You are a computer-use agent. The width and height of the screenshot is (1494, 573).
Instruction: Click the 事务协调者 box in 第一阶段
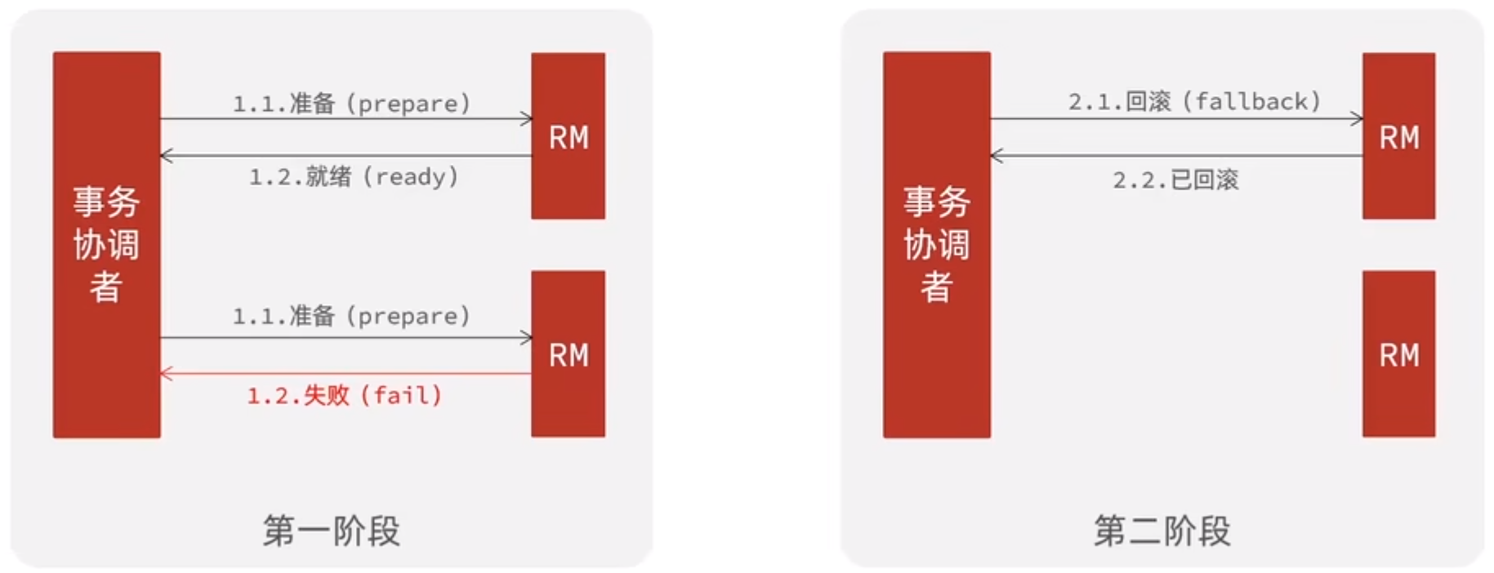[x=106, y=245]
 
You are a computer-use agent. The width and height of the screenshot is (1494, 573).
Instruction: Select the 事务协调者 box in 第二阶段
[x=936, y=245]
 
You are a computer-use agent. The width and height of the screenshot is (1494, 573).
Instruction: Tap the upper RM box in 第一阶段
[x=568, y=136]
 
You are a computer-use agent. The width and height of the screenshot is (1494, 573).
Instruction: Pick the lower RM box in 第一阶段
[x=568, y=354]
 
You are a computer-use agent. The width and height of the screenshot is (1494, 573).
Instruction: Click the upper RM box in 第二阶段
[x=1398, y=136]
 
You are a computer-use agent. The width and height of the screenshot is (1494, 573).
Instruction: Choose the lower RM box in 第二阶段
[x=1398, y=354]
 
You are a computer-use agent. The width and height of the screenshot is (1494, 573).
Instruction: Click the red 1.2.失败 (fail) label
[x=345, y=396]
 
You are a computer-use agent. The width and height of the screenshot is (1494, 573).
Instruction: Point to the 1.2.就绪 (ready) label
[x=354, y=176]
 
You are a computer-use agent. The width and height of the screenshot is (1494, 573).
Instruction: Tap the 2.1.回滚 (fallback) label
[x=1194, y=101]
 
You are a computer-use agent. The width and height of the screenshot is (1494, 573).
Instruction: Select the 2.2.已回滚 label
[x=1175, y=180]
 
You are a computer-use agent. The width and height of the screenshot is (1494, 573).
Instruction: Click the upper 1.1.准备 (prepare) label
[x=352, y=104]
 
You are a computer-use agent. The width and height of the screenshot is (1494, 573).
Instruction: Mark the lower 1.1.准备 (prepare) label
[x=352, y=316]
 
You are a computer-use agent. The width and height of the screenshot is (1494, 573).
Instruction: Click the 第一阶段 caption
[x=332, y=531]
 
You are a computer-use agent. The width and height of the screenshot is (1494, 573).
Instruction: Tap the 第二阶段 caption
[x=1162, y=531]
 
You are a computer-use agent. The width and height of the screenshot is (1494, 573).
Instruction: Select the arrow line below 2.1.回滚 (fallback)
[x=1176, y=119]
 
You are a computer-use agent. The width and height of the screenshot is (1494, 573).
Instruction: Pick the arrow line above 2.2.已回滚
[x=1176, y=155]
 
